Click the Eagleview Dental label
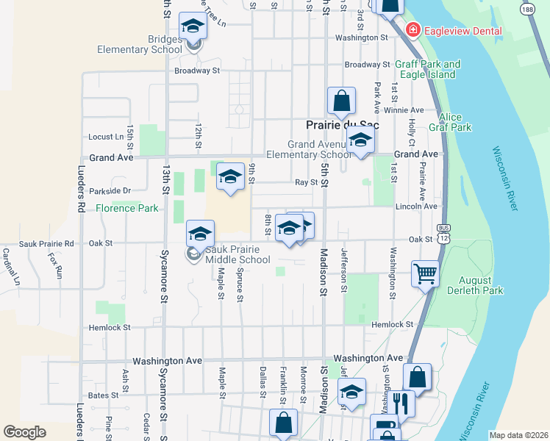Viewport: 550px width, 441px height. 462,31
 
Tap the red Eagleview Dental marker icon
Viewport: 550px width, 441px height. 413,30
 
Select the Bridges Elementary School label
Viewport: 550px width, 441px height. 140,44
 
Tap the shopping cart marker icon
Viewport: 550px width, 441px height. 426,273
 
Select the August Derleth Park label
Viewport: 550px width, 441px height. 481,286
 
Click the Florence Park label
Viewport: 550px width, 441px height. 127,208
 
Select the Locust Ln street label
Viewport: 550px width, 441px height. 106,137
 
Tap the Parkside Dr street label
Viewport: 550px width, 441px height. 110,191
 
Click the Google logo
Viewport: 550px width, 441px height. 24,432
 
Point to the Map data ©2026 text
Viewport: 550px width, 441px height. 518,435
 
